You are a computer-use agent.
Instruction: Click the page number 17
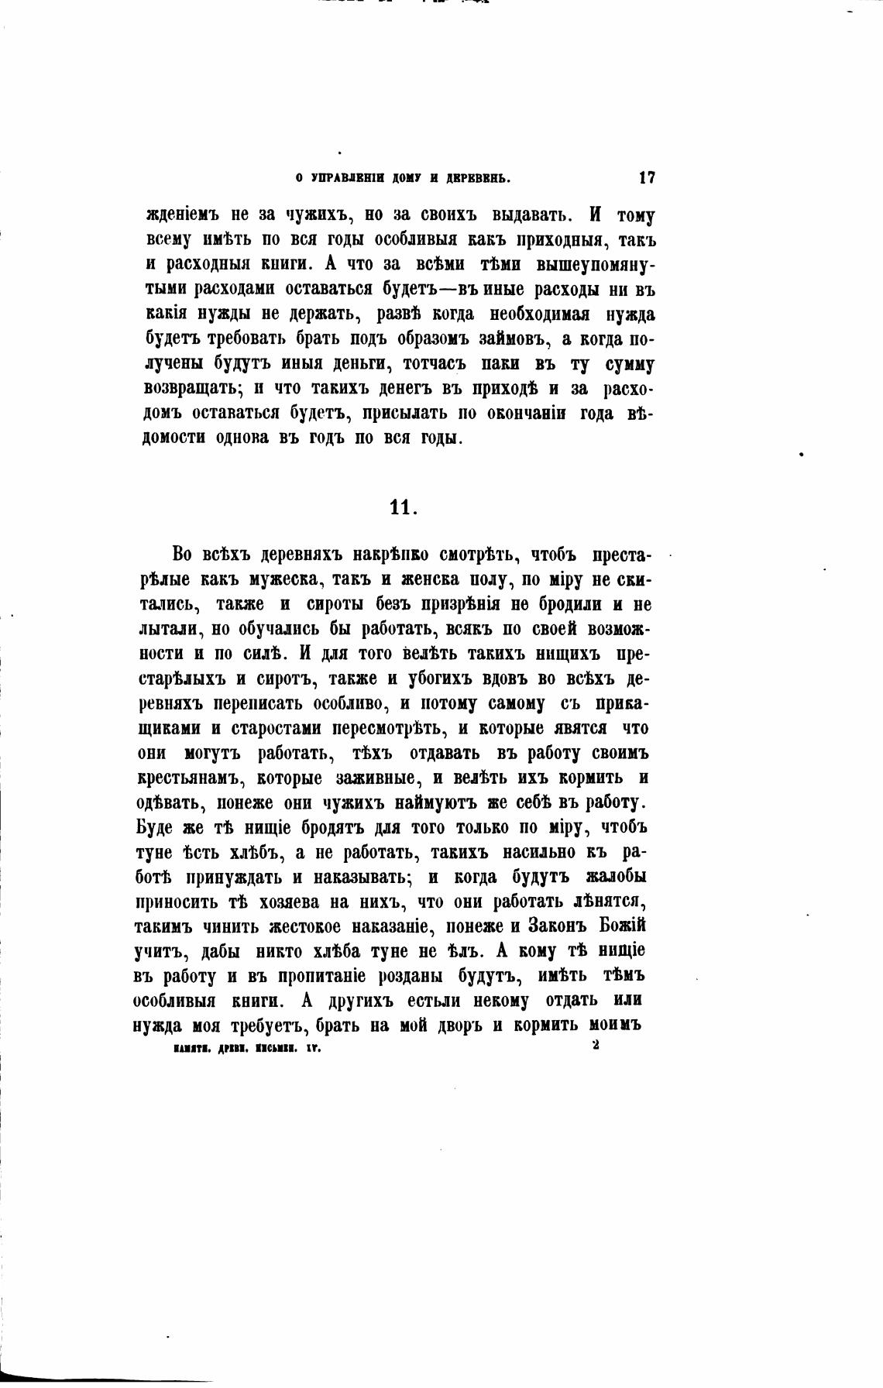point(647,177)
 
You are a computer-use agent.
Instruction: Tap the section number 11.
point(404,507)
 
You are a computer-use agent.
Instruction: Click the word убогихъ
point(445,679)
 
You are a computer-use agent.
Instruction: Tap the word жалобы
point(615,877)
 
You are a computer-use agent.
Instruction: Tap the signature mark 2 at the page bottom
point(595,1046)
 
